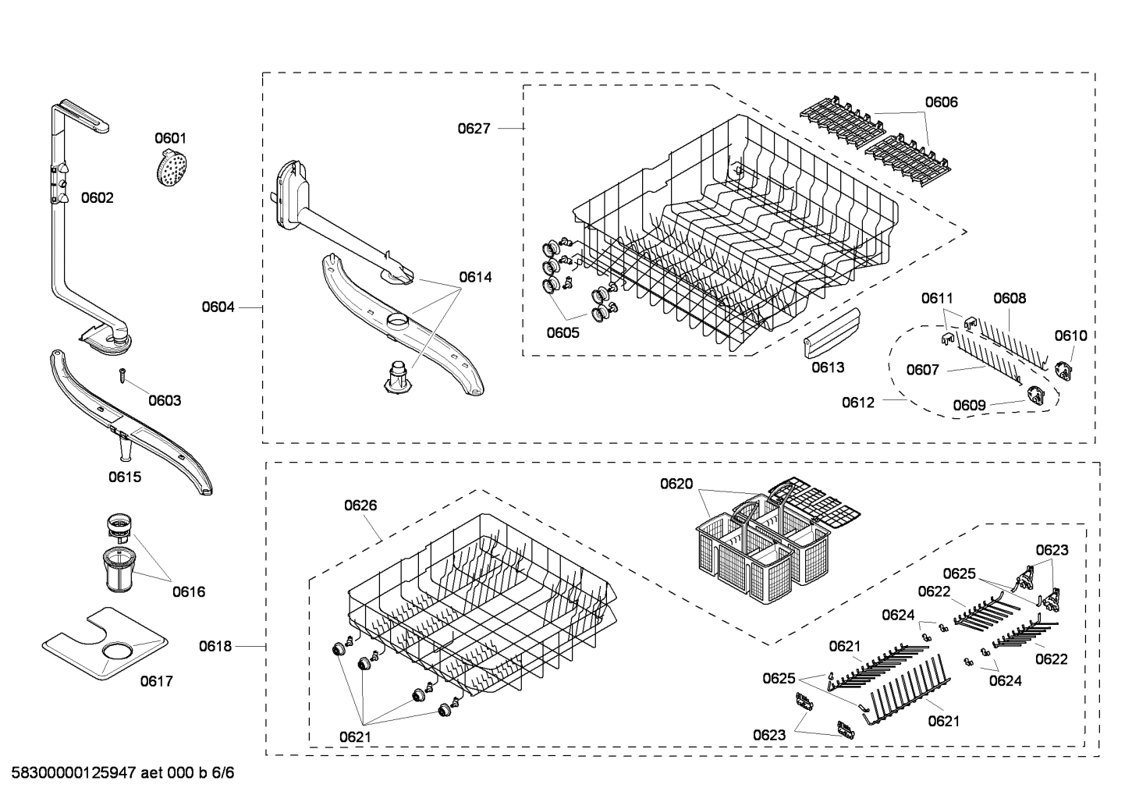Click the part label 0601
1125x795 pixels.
point(170,138)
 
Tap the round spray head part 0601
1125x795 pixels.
point(171,167)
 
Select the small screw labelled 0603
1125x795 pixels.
point(123,374)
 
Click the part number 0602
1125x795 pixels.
point(98,197)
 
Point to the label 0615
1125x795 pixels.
point(125,477)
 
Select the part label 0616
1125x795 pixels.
point(189,591)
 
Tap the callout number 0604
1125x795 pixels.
point(218,307)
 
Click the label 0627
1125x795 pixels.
point(474,128)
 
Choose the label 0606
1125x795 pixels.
point(941,101)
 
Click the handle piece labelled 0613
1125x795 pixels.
point(831,332)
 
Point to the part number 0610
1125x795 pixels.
point(1070,335)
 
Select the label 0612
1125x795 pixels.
point(858,403)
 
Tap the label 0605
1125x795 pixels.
point(562,333)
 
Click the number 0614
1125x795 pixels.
point(475,277)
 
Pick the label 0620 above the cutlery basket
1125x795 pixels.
point(676,484)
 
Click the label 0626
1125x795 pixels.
point(360,506)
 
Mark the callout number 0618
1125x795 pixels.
point(215,646)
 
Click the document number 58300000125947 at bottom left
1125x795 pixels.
point(74,774)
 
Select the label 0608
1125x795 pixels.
point(1010,298)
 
